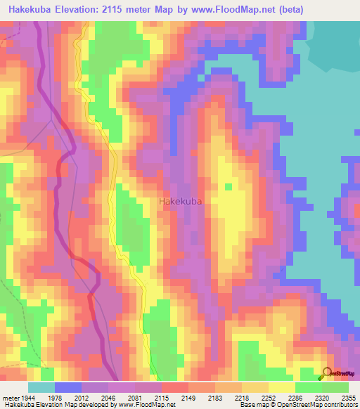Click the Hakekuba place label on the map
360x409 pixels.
181,202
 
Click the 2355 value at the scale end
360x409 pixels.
347,398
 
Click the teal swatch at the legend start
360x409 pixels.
41,387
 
